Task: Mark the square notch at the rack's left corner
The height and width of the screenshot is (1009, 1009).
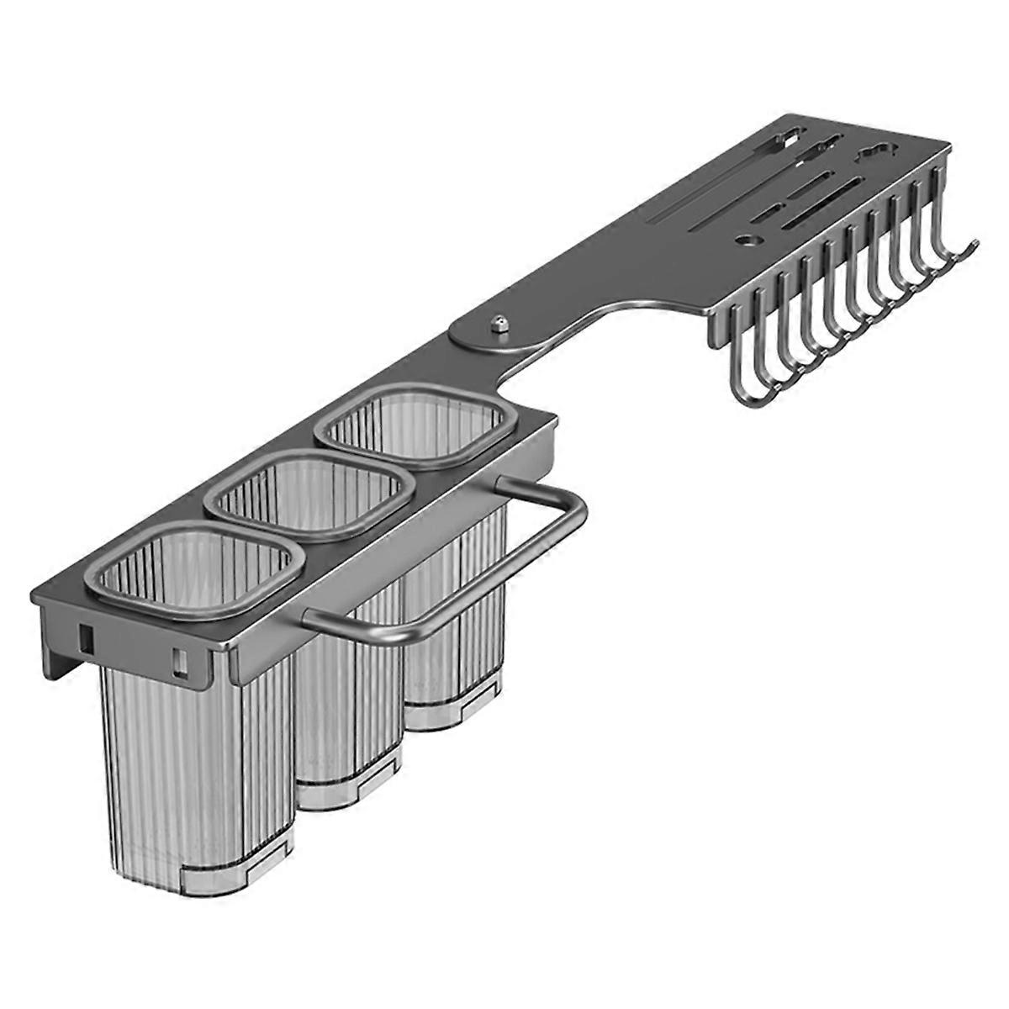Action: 84,639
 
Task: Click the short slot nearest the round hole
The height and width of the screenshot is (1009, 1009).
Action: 766,214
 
